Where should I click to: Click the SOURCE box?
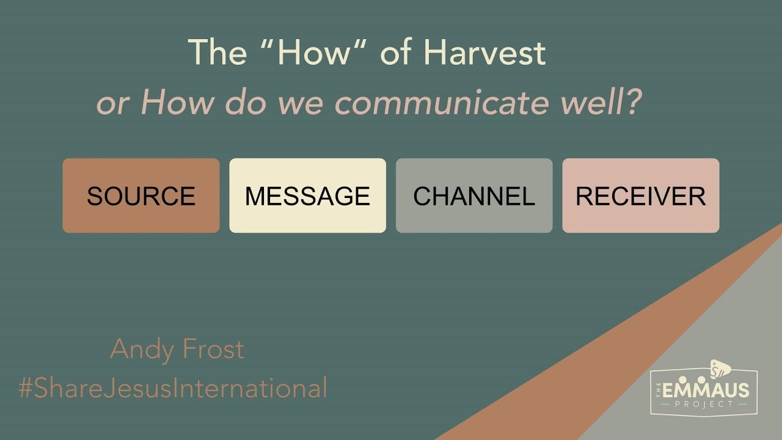[141, 196]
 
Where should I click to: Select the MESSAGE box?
[307, 196]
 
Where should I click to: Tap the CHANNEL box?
[474, 196]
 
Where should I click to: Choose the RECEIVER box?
[640, 196]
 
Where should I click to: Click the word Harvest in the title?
[484, 53]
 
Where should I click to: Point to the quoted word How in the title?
[315, 53]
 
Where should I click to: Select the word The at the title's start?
[217, 53]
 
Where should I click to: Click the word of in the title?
[397, 53]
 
